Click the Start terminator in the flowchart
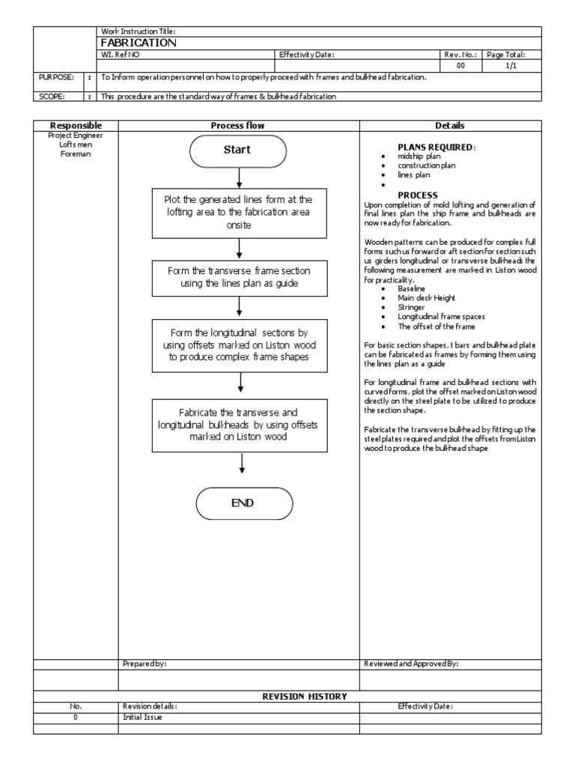coord(237,150)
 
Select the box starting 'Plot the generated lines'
coord(238,212)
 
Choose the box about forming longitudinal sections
coord(239,345)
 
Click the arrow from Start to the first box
coord(238,178)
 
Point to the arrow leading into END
coord(242,467)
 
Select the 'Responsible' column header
coord(75,126)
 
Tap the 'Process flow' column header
coord(237,126)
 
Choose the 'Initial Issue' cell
coord(142,717)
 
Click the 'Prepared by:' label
coord(144,664)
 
